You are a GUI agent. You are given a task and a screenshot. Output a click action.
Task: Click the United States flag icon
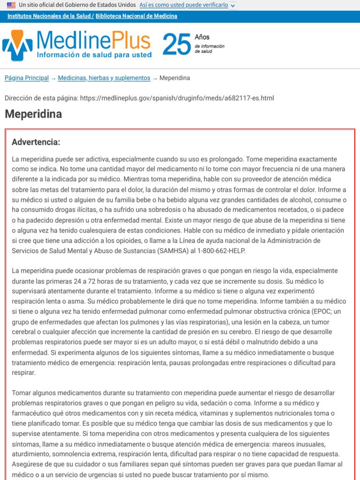(x=11, y=5)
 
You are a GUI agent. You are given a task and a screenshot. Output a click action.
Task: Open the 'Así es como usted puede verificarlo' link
(x=184, y=5)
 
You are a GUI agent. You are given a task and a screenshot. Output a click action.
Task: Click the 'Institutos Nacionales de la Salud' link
(x=49, y=16)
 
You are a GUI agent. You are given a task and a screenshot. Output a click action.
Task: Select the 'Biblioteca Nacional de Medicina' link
(x=136, y=16)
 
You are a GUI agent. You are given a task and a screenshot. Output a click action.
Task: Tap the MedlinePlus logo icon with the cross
(x=17, y=45)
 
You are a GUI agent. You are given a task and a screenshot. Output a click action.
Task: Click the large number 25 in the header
(x=177, y=45)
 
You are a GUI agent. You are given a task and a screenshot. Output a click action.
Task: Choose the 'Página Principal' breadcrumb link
(x=27, y=78)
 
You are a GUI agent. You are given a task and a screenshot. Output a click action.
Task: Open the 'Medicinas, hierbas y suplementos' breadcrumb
(x=104, y=78)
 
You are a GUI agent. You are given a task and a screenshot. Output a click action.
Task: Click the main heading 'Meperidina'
(x=33, y=114)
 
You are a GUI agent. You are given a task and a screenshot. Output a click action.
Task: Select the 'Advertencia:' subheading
(x=36, y=142)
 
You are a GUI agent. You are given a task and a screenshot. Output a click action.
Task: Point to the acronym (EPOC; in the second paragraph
(x=321, y=311)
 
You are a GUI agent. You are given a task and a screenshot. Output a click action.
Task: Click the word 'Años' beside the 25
(x=202, y=37)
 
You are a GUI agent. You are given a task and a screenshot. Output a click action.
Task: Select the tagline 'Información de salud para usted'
(x=94, y=55)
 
